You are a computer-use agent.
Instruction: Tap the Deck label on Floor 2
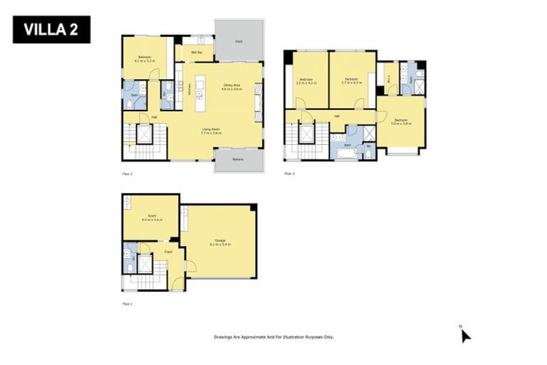pyautogui.click(x=239, y=42)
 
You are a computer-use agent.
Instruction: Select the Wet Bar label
pyautogui.click(x=194, y=53)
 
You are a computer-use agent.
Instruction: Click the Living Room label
pyautogui.click(x=211, y=130)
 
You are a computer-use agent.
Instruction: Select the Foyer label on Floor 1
pyautogui.click(x=169, y=252)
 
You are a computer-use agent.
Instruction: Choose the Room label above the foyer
pyautogui.click(x=151, y=216)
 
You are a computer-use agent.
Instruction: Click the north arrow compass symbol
pyautogui.click(x=465, y=334)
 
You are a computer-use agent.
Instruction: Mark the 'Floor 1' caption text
pyautogui.click(x=127, y=304)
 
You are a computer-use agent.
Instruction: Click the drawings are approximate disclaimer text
pyautogui.click(x=273, y=336)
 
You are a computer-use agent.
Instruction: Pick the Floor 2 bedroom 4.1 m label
pyautogui.click(x=145, y=59)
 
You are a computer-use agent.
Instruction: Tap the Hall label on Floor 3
pyautogui.click(x=336, y=115)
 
